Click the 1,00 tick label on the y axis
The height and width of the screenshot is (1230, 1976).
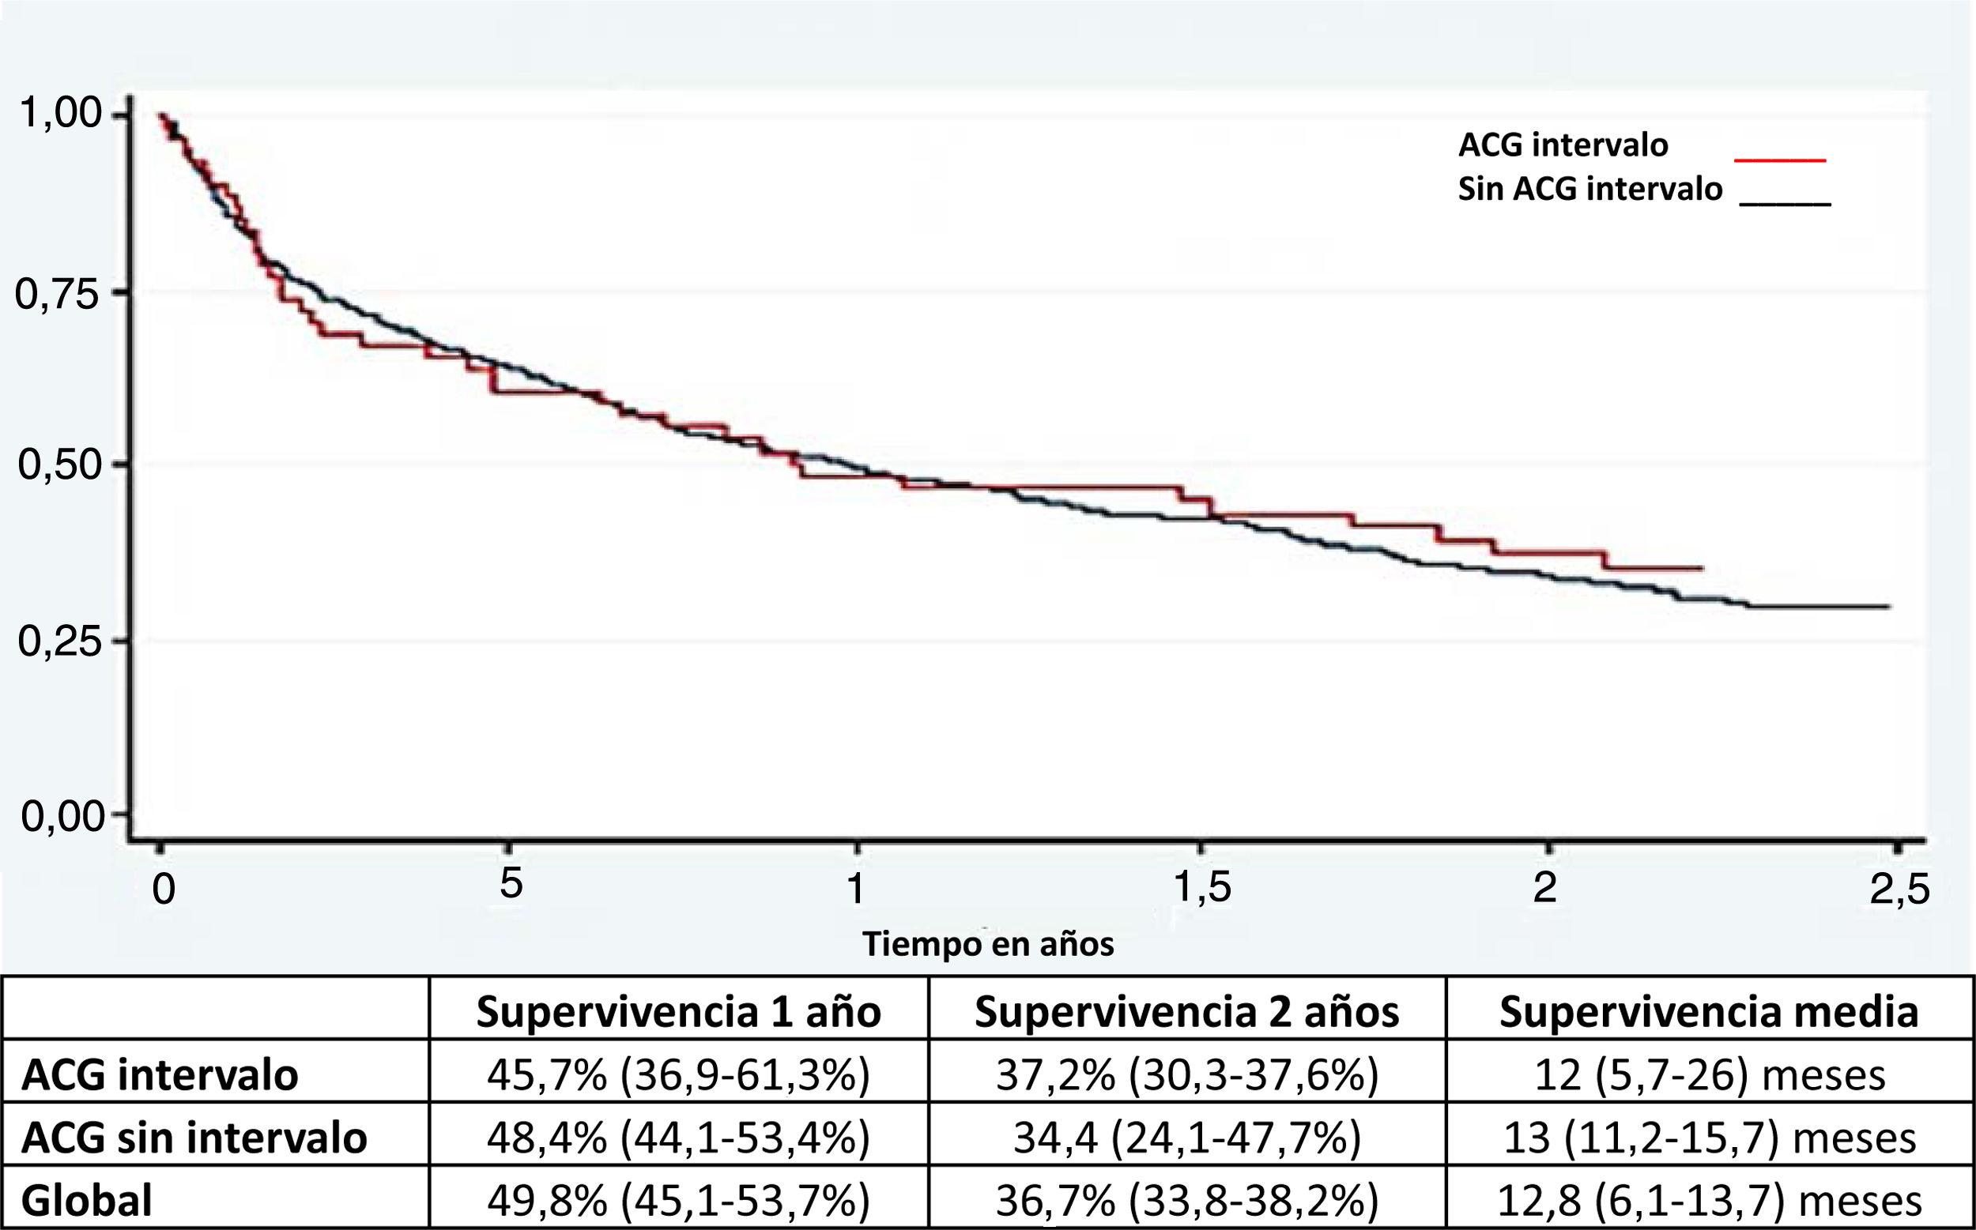(60, 114)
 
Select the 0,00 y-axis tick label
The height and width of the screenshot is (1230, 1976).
(60, 816)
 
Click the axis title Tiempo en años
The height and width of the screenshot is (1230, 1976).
(987, 944)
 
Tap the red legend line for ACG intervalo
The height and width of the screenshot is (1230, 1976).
(1780, 160)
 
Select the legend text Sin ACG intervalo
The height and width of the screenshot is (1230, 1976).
(1589, 190)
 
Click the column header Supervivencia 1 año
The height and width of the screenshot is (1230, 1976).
(678, 1012)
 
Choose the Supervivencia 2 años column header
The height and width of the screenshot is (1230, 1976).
(1186, 1012)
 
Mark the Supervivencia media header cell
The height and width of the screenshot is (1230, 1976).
(1709, 1012)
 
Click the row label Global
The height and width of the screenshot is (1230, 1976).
(87, 1200)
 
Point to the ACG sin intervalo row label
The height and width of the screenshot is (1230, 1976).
(194, 1138)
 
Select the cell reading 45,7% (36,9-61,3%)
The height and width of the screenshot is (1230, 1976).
(678, 1075)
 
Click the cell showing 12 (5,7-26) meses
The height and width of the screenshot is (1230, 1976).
(1709, 1075)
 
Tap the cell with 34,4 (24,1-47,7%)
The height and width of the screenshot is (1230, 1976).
(1186, 1138)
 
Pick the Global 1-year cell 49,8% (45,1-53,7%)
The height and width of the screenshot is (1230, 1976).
(678, 1200)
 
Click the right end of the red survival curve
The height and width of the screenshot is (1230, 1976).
(1701, 568)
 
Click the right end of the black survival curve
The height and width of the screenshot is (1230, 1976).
(1888, 607)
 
